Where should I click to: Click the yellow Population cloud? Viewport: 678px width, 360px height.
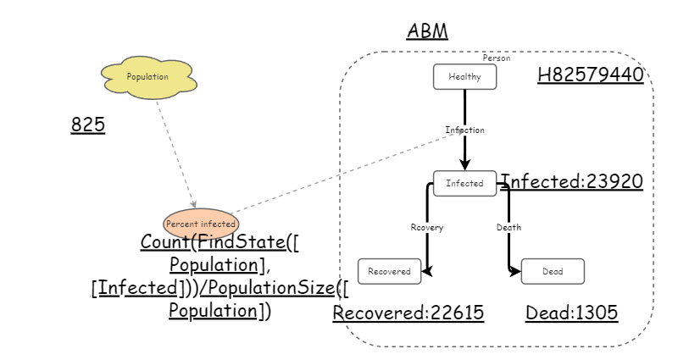pyautogui.click(x=147, y=77)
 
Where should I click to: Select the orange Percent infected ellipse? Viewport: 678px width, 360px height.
pyautogui.click(x=200, y=224)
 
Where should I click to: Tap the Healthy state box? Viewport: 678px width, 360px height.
pyautogui.click(x=464, y=77)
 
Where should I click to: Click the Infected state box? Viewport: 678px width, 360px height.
pyautogui.click(x=464, y=183)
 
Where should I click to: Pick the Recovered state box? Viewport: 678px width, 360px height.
pyautogui.click(x=390, y=272)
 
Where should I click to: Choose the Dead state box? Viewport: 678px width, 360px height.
pyautogui.click(x=552, y=272)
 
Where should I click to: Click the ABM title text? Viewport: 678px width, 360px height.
pyautogui.click(x=427, y=32)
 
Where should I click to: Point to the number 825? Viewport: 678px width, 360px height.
pyautogui.click(x=87, y=125)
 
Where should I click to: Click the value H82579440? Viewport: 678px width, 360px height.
pyautogui.click(x=590, y=75)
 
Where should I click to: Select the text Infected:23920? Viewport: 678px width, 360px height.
pyautogui.click(x=571, y=181)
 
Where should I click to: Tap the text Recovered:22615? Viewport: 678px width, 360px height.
pyautogui.click(x=408, y=313)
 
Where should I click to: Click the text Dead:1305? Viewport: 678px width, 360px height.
pyautogui.click(x=571, y=313)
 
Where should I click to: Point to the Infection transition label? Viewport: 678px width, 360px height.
pyautogui.click(x=464, y=130)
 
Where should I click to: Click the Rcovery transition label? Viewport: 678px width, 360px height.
pyautogui.click(x=426, y=228)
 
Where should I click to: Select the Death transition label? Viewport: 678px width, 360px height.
pyautogui.click(x=508, y=228)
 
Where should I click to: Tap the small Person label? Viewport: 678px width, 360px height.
pyautogui.click(x=496, y=58)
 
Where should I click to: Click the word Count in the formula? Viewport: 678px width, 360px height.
pyautogui.click(x=165, y=242)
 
